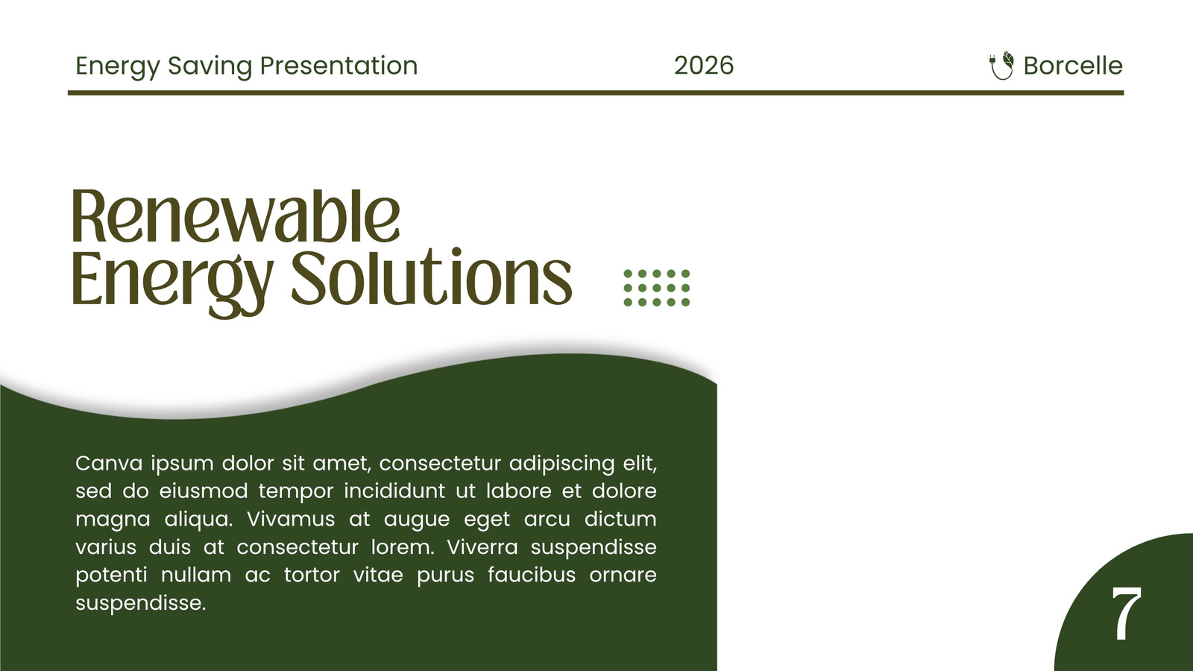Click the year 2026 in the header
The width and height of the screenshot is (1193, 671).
pos(704,66)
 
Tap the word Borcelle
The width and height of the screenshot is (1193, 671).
pos(1073,66)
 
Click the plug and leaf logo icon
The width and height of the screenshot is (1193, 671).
pos(1001,66)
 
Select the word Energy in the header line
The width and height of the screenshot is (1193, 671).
pos(117,67)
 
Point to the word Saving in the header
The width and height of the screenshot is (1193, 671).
pos(210,67)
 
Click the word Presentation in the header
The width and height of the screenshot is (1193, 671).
pos(339,66)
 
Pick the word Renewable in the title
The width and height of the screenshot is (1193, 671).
pos(236,216)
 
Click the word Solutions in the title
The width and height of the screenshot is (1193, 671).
pos(432,277)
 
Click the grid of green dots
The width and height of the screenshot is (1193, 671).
pos(657,288)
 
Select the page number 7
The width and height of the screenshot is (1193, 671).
pos(1126,614)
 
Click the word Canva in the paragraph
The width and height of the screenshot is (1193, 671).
pos(109,463)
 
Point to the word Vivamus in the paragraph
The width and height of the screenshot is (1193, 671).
pos(290,519)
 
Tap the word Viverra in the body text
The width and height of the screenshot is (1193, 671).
pos(482,547)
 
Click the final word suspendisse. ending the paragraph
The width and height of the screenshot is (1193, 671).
pos(141,604)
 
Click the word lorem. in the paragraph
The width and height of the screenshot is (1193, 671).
pos(403,547)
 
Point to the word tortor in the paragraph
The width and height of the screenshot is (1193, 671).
pos(312,575)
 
